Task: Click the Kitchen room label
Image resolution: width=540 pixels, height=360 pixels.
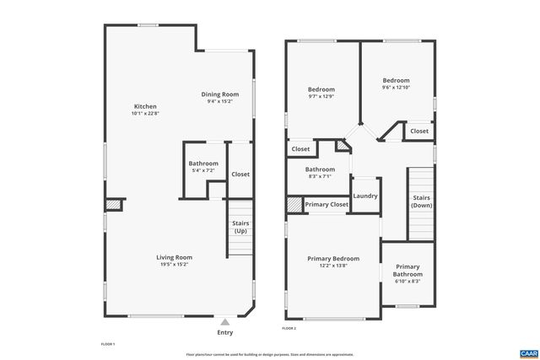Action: [145, 106]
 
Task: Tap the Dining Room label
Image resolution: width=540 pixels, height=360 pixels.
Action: [219, 94]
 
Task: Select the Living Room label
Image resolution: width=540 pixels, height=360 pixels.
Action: [174, 257]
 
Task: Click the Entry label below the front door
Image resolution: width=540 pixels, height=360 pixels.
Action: [225, 332]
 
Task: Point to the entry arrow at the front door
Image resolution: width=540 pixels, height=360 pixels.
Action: [225, 321]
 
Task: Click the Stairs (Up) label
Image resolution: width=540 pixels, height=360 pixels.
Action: [240, 227]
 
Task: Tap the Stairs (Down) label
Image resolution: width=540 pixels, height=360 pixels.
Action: [421, 201]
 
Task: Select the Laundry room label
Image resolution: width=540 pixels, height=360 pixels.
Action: [365, 196]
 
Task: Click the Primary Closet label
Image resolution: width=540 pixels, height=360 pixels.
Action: [327, 205]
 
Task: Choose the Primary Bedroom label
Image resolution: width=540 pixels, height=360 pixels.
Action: [333, 259]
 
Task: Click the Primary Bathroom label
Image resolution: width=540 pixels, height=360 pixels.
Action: [408, 271]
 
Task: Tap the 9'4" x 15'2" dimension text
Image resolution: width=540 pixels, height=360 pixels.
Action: [219, 101]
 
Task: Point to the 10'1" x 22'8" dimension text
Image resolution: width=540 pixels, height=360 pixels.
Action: [145, 114]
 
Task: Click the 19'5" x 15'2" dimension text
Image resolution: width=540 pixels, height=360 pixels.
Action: [174, 265]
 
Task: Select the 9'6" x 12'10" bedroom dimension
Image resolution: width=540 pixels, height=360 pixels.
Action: [396, 88]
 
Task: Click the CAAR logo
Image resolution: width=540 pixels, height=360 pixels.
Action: [528, 352]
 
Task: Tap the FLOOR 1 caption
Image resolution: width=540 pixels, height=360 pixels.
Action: [107, 344]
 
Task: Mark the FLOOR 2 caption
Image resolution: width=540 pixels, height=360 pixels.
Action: [289, 328]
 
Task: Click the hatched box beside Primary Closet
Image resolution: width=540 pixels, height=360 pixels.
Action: [294, 204]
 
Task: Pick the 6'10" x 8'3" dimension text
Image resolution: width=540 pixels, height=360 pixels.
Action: [408, 281]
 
